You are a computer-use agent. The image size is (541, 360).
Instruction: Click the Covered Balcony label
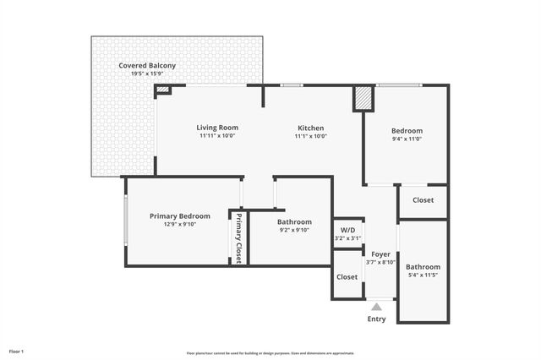147,66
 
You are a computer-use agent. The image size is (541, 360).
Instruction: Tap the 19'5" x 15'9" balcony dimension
147,74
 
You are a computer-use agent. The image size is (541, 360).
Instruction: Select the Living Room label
217,128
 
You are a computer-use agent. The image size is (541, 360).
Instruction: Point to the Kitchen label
310,128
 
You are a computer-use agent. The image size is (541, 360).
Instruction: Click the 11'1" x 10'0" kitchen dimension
310,136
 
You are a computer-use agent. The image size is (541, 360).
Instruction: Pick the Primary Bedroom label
179,215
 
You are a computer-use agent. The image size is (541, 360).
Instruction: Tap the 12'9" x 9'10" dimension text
179,224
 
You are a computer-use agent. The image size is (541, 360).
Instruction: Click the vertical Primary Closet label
238,238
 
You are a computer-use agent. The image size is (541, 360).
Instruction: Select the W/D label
347,230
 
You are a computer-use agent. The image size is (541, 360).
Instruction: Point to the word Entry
376,319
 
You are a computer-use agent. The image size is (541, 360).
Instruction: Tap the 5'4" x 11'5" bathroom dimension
423,275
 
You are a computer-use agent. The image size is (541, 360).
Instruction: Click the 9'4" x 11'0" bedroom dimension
407,139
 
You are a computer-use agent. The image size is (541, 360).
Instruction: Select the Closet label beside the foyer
347,276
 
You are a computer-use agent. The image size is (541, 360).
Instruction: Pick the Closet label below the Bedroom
423,200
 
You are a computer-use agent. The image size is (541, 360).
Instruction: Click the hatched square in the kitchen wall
363,98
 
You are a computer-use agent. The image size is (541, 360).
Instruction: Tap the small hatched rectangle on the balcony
163,89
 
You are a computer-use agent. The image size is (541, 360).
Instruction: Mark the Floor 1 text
17,351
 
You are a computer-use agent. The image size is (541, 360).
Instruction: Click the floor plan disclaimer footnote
270,352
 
